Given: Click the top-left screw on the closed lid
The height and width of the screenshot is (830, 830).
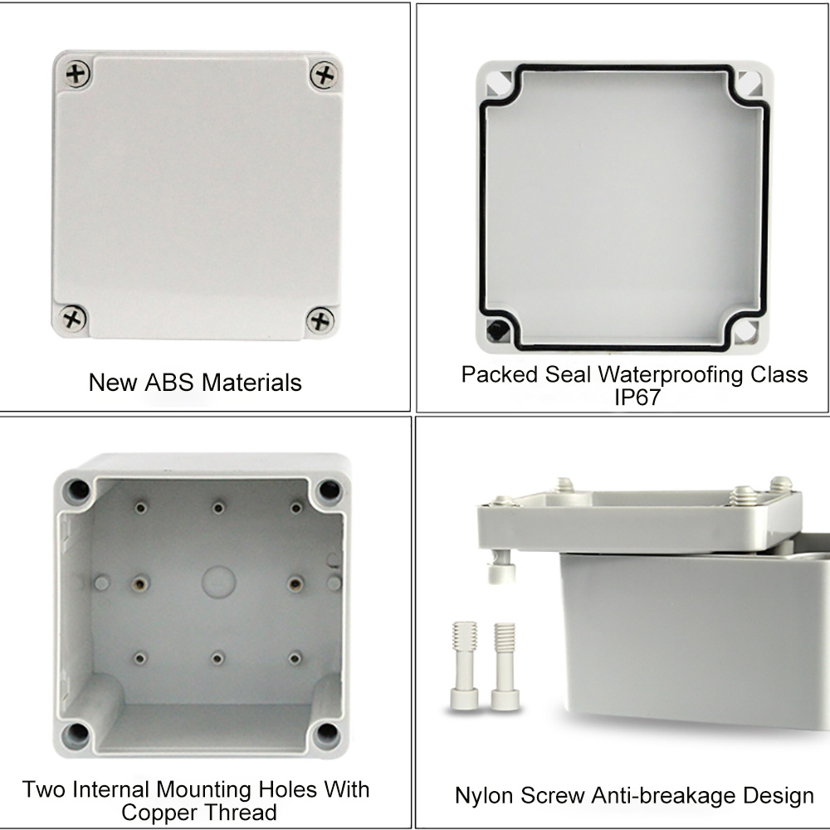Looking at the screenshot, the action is (x=77, y=74).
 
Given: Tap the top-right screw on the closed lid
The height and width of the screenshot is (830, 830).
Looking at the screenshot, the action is (x=324, y=75).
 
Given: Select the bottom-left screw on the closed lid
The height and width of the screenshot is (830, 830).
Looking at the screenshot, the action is (x=73, y=318).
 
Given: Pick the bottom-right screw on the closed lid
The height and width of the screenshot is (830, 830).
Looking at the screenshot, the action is (x=320, y=320).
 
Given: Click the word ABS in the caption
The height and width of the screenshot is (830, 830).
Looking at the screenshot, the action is (x=168, y=382).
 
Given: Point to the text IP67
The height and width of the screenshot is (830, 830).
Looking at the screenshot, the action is (x=637, y=397).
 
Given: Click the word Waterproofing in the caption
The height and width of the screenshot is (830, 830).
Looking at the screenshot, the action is (x=671, y=375).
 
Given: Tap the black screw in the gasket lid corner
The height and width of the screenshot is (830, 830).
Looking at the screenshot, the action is (x=497, y=330).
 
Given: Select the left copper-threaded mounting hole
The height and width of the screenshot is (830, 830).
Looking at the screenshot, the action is (x=139, y=583).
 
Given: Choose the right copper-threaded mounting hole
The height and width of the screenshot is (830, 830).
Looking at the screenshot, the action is (x=295, y=583).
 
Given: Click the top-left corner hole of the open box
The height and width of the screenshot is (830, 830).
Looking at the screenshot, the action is (x=77, y=491).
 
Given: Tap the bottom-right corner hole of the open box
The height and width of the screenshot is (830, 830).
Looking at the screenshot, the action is (x=326, y=734).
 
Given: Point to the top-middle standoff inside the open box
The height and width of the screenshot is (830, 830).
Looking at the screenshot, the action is (x=218, y=508).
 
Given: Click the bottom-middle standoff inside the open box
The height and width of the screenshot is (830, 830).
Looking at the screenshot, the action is (x=217, y=658).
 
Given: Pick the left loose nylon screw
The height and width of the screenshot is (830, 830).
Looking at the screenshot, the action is (x=464, y=666).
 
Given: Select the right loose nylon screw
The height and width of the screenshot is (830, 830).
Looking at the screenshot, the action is (x=505, y=666).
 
